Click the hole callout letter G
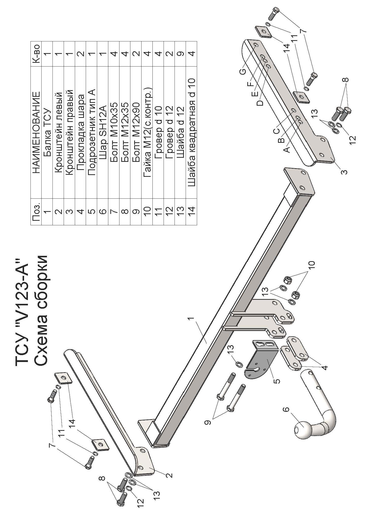243,72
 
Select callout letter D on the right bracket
260,103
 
